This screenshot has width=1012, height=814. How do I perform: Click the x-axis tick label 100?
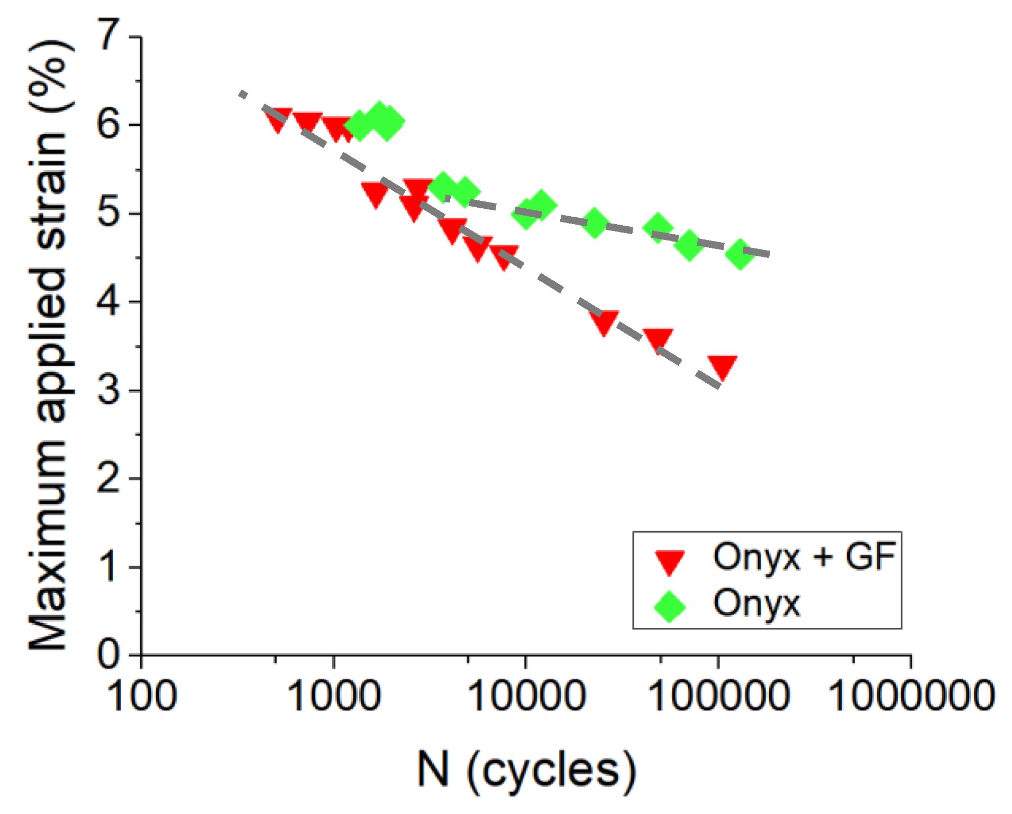point(142,697)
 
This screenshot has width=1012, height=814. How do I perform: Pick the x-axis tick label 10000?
point(526,697)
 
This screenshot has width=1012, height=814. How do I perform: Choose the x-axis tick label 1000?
point(334,697)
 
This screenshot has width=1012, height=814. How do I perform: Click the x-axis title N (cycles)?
point(526,771)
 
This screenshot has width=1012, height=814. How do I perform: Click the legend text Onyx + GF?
point(804,557)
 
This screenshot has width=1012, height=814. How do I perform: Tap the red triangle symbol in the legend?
point(670,562)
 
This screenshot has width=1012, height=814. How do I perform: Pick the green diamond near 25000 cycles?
point(594,223)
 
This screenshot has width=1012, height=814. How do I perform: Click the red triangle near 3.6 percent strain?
point(658,340)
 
